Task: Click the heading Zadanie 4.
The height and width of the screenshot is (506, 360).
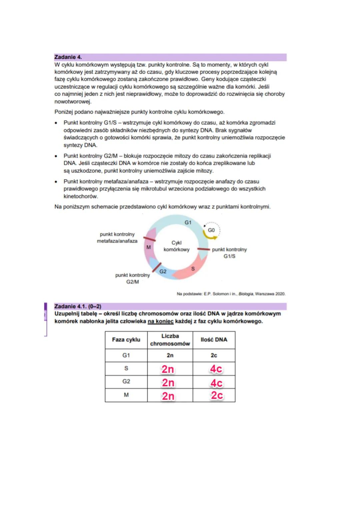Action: [68, 57]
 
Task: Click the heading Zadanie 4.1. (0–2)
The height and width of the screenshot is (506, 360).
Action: [78, 306]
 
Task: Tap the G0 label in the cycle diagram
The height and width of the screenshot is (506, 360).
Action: [211, 230]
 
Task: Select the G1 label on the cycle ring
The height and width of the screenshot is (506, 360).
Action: [188, 222]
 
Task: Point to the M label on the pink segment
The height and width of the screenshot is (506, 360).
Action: [149, 247]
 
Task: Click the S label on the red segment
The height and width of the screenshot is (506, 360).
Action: [193, 268]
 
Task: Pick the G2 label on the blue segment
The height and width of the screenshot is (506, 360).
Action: [163, 271]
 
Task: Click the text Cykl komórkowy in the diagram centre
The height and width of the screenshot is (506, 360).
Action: [176, 246]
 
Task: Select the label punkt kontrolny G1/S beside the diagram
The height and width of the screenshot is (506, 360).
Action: [229, 253]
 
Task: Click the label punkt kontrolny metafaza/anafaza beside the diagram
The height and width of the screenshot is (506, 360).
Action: [117, 238]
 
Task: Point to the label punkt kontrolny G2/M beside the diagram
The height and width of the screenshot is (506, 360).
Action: [132, 278]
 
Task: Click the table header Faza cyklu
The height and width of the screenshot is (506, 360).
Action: [126, 340]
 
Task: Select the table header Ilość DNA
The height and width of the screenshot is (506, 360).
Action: [214, 340]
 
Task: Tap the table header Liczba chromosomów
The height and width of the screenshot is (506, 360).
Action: [170, 340]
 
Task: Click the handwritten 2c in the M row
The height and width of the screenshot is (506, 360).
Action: [217, 395]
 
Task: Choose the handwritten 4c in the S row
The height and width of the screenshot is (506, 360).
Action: [216, 369]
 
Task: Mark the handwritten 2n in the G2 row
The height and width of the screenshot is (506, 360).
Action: [168, 383]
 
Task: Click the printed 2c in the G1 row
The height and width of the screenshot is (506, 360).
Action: [214, 355]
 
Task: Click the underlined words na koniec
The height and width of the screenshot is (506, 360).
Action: [161, 321]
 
